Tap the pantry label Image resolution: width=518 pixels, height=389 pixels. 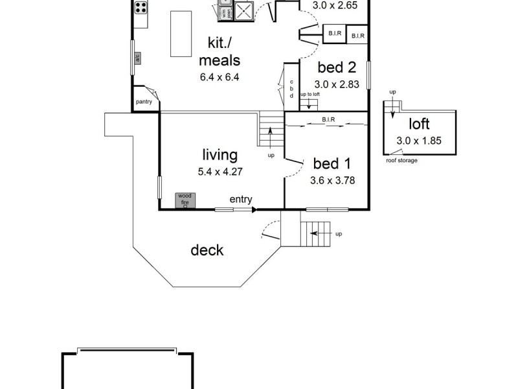(143, 102)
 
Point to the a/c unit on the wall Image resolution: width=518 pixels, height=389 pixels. (137, 58)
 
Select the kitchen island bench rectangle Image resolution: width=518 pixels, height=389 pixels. (179, 34)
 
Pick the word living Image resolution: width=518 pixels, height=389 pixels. (220, 156)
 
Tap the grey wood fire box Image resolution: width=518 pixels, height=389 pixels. (185, 200)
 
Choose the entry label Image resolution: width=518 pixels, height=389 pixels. (241, 200)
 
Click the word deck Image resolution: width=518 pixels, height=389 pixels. (207, 250)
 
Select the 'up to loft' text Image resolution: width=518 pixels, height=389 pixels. (310, 95)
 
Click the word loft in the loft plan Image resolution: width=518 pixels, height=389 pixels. (419, 124)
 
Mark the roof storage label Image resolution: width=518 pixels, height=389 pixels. (401, 160)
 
